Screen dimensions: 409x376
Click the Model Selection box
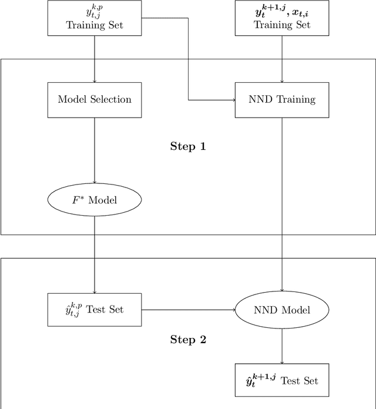pos(95,99)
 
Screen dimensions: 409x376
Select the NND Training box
pos(282,99)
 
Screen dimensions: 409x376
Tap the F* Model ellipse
pos(95,200)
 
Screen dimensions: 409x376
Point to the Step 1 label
pos(188,146)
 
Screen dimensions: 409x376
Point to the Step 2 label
pos(188,339)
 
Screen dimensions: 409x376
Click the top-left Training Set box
pos(95,16)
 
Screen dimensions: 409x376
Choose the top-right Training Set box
pos(282,16)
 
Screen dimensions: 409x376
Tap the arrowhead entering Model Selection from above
pos(95,81)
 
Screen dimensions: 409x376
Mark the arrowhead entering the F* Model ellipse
pos(95,182)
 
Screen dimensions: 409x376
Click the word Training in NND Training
pos(296,99)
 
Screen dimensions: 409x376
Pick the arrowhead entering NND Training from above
pos(282,81)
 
